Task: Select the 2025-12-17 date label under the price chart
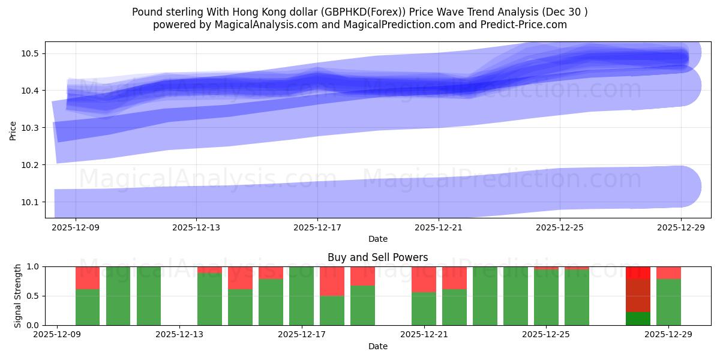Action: point(317,227)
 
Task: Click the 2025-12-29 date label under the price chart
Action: point(681,227)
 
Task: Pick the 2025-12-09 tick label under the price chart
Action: point(76,227)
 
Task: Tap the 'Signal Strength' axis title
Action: point(18,296)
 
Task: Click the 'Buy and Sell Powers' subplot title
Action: point(377,257)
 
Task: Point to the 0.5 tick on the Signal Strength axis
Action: point(34,296)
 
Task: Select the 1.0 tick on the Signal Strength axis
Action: point(34,266)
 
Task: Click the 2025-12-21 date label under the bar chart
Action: point(424,335)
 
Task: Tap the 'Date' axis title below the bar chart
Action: point(377,346)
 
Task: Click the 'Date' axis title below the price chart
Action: point(377,239)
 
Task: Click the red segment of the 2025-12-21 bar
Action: point(424,279)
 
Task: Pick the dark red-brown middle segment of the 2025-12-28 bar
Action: point(638,295)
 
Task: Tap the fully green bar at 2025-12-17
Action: point(301,296)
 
